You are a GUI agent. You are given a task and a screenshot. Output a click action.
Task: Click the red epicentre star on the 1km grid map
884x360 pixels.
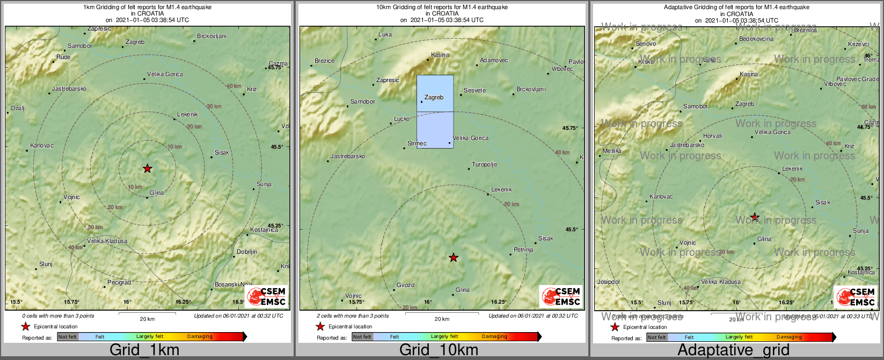click(148, 168)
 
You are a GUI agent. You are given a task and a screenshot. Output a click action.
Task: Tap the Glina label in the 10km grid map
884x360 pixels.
click(462, 290)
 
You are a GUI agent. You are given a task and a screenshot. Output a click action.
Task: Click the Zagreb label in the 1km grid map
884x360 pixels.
click(135, 42)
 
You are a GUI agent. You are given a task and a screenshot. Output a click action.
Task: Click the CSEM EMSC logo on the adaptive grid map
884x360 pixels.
click(856, 297)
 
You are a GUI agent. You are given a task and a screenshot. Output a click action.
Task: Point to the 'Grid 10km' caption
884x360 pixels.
click(439, 350)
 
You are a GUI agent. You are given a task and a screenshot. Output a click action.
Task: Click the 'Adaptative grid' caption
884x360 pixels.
click(733, 350)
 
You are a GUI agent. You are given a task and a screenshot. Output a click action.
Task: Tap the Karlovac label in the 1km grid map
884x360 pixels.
click(42, 146)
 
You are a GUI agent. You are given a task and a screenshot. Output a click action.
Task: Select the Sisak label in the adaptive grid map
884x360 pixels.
click(822, 203)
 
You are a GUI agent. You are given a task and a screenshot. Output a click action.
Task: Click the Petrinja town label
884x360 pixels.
click(523, 250)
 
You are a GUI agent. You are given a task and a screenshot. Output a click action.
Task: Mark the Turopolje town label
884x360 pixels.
click(484, 165)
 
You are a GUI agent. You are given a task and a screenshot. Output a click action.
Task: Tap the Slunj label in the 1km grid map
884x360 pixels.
click(46, 265)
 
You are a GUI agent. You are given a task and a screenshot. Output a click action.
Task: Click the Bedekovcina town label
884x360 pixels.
click(756, 39)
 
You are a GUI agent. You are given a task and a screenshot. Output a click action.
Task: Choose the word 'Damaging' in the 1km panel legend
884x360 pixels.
click(200, 337)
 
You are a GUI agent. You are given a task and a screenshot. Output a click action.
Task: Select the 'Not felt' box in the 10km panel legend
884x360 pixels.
click(362, 337)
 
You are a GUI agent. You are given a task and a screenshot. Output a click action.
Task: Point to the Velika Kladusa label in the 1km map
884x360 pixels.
click(107, 241)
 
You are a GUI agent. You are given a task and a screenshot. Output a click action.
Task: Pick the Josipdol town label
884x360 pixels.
click(608, 282)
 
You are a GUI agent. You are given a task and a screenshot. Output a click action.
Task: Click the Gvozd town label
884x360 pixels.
click(405, 285)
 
